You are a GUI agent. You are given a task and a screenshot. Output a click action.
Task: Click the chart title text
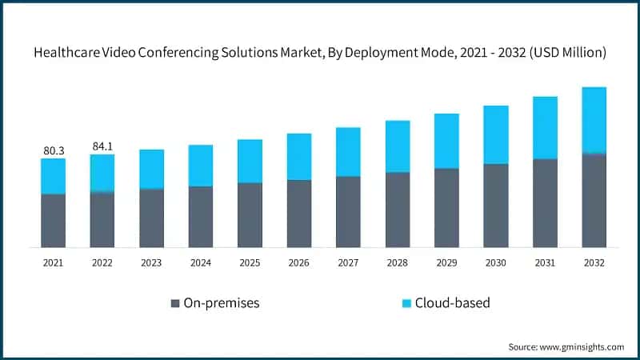click(320, 53)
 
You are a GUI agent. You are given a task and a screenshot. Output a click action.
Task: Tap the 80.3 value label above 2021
click(53, 150)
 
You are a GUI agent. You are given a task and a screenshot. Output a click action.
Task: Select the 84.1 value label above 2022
click(102, 146)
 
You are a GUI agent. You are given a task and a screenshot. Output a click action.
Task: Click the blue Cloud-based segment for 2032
click(594, 120)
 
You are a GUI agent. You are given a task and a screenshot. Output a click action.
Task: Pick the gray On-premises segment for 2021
click(53, 220)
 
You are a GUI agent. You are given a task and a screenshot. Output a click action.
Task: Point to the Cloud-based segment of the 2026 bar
click(299, 156)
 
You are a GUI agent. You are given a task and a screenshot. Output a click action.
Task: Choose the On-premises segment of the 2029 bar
click(446, 207)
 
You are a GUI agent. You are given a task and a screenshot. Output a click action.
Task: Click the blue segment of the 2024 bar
click(201, 166)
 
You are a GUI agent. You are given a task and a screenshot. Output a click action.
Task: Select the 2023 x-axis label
click(151, 262)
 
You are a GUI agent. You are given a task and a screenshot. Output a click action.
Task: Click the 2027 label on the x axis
click(348, 262)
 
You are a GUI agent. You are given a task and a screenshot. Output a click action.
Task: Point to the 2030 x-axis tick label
click(495, 262)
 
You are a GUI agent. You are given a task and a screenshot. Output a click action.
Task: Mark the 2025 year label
click(250, 262)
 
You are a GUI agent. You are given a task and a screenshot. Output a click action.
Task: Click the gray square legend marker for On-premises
click(174, 303)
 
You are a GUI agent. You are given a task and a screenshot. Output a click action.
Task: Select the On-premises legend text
click(222, 303)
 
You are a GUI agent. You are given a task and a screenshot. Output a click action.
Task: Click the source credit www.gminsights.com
click(566, 346)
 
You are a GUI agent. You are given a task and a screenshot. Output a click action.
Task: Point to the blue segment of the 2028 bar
click(398, 146)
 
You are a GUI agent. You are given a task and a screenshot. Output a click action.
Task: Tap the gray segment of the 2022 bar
click(102, 219)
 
